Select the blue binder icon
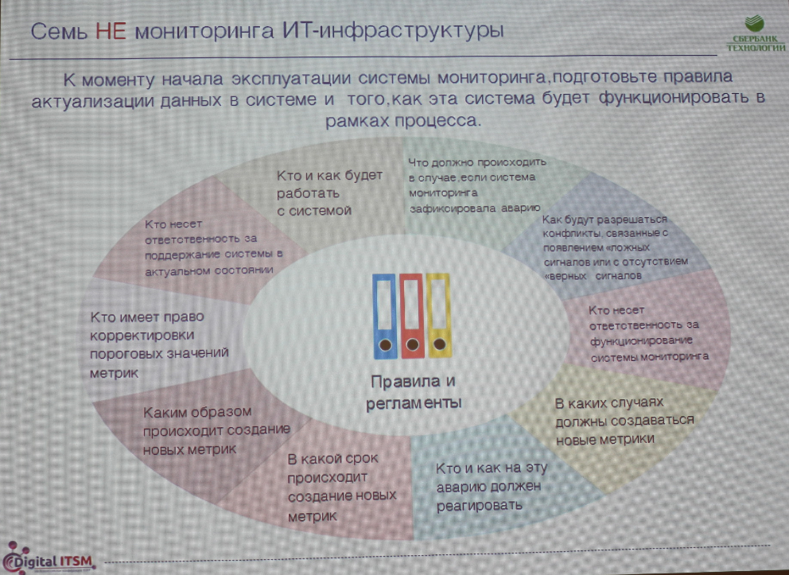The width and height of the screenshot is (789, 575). (384, 315)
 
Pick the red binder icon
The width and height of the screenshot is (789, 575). (411, 315)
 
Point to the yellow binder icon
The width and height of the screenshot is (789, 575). (437, 315)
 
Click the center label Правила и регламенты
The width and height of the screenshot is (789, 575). (414, 391)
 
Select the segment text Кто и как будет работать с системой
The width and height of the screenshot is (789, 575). (329, 192)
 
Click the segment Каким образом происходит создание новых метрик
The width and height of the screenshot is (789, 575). (216, 430)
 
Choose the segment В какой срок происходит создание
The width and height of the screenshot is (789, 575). (341, 487)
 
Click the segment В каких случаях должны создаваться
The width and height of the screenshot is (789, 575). (624, 420)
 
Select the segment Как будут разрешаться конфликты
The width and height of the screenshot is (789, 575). (616, 247)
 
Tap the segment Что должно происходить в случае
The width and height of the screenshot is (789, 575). (476, 187)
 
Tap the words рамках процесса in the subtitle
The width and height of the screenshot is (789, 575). (403, 122)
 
